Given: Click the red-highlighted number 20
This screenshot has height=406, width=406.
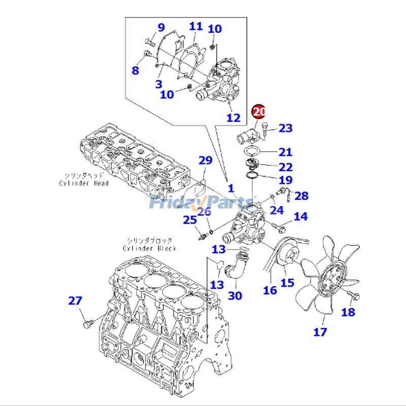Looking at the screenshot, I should [259, 111].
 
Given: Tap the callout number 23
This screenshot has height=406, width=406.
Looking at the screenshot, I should [286, 128].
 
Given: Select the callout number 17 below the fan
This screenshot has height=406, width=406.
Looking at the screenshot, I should [320, 332].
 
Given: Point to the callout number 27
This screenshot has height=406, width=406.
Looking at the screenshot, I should [75, 300].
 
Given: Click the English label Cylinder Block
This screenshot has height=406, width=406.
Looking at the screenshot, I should [149, 248].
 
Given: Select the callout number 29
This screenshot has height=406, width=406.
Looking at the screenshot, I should [205, 161].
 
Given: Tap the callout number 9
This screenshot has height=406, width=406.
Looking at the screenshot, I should [161, 27].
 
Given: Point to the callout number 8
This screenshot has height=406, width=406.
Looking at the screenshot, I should [135, 71].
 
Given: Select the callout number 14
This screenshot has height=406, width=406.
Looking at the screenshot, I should [300, 217].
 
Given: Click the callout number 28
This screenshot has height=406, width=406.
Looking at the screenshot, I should [301, 196].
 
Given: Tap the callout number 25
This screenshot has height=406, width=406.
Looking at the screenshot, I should [189, 220].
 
